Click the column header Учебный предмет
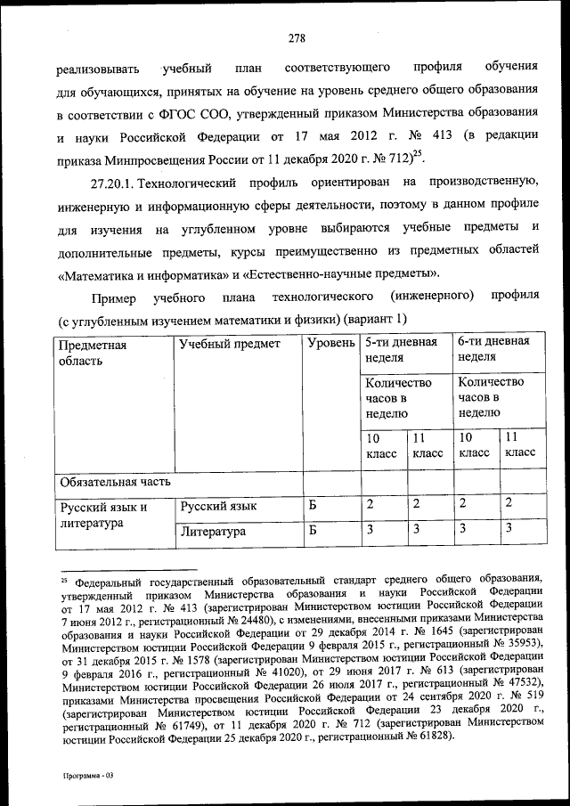(x=229, y=344)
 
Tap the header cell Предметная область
(x=93, y=352)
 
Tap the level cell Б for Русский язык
(x=313, y=506)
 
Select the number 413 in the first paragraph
(x=432, y=137)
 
